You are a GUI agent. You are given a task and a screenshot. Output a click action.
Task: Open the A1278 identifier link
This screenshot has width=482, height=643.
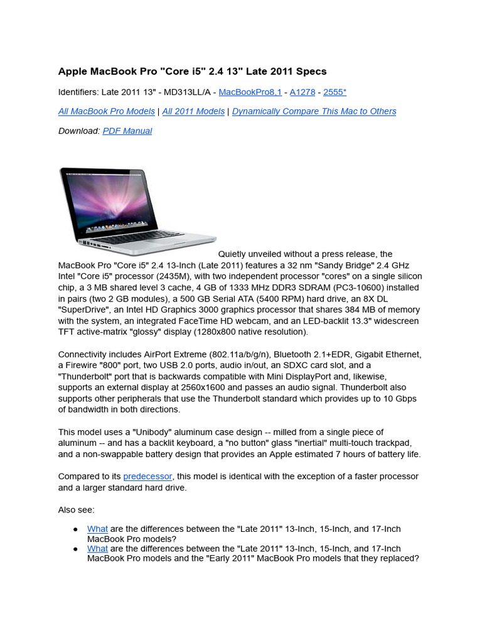click(303, 92)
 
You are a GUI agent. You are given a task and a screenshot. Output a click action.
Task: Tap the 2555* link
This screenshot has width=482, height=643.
click(335, 92)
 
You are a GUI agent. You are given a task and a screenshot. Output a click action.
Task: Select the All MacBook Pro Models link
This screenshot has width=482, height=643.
click(107, 111)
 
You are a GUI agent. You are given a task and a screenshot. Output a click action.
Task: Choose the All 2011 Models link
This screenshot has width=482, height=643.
click(193, 111)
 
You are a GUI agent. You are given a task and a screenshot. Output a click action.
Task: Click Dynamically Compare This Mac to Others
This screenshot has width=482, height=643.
click(314, 111)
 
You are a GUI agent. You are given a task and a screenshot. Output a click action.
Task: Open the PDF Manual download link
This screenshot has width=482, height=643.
click(127, 131)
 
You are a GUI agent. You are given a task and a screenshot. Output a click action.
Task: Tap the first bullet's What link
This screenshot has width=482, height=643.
click(97, 529)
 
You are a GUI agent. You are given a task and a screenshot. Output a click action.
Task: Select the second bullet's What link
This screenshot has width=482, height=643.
click(97, 548)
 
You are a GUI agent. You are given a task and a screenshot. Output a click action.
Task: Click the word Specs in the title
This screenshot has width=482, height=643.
click(311, 72)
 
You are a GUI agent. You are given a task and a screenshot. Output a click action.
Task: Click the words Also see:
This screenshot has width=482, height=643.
click(77, 510)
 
